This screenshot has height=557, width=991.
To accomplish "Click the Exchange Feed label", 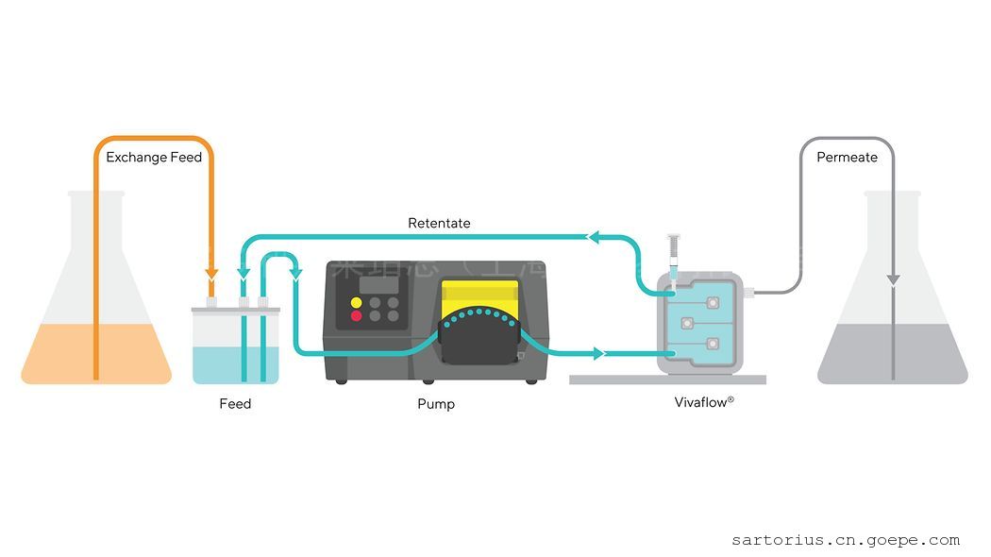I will (x=154, y=158).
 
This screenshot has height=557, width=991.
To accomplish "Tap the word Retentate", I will (x=439, y=224).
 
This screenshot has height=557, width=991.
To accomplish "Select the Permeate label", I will (x=847, y=158).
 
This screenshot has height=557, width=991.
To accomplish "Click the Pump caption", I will (x=436, y=404).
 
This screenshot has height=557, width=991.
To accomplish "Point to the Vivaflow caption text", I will (x=704, y=402).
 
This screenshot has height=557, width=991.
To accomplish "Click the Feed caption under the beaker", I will (x=235, y=404).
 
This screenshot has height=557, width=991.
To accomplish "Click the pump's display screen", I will (x=378, y=283).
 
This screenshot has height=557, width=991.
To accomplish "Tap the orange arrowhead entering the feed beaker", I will (x=211, y=274).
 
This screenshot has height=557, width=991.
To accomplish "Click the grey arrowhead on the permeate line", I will (x=893, y=279).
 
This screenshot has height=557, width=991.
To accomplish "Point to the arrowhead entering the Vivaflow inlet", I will (x=597, y=355).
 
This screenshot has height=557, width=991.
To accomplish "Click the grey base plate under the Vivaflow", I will (x=667, y=380).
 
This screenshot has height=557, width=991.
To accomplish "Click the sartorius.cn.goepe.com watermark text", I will (x=845, y=541).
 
